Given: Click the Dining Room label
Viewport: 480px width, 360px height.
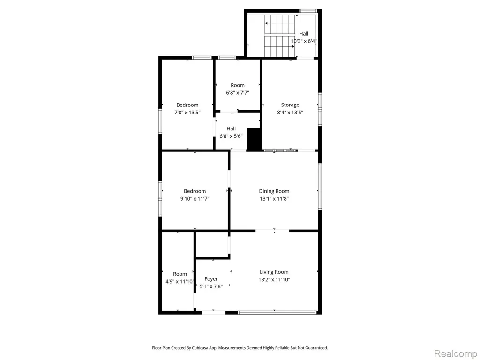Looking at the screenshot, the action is [x=274, y=191].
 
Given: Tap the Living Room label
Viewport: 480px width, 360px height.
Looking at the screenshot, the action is [x=274, y=272].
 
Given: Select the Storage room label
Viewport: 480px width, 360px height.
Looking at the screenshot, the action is [x=290, y=105].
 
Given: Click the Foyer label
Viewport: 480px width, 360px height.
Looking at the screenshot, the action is [x=211, y=279].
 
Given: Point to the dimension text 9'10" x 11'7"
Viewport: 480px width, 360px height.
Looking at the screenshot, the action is [x=195, y=199].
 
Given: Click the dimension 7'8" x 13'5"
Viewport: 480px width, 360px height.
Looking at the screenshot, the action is [x=187, y=112].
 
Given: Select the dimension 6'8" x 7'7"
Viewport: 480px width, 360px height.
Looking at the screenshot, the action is [x=238, y=92].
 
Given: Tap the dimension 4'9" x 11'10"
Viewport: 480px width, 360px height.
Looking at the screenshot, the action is [x=180, y=281].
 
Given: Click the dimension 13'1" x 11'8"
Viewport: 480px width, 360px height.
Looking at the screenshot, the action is [x=274, y=199].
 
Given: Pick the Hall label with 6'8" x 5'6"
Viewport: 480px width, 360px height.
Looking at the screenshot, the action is [x=231, y=128].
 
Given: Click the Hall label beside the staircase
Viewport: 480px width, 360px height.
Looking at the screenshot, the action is [x=304, y=34].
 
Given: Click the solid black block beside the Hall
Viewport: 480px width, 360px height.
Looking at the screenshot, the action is [x=254, y=139].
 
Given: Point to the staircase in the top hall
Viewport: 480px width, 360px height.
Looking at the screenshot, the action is [x=279, y=36].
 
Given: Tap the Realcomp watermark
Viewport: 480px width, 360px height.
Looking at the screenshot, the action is [x=455, y=353].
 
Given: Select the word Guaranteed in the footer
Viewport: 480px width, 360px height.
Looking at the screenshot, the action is [x=317, y=348].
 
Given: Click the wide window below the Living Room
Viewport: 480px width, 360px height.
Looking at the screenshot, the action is [x=277, y=313].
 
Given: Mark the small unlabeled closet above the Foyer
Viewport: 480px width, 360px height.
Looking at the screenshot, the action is [x=211, y=245].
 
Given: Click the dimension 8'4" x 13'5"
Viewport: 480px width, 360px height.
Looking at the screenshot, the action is [x=290, y=112].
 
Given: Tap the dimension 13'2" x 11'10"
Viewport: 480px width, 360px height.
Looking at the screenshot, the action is [x=274, y=279].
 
